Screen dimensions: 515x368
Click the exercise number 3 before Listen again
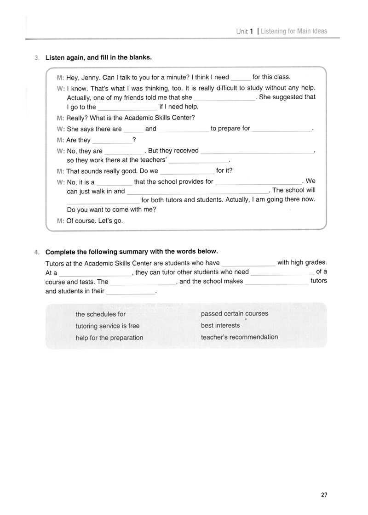click(x=36, y=58)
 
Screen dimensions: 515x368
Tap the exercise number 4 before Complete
click(x=36, y=252)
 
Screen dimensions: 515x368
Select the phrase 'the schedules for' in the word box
click(x=100, y=315)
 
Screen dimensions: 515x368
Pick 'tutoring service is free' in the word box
click(x=107, y=326)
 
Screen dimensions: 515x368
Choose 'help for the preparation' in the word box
click(x=109, y=338)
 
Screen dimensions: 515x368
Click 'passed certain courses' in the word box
click(x=234, y=314)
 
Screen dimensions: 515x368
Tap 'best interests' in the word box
click(x=220, y=325)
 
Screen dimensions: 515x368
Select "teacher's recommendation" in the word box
click(x=239, y=337)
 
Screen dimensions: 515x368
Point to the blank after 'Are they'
click(x=112, y=141)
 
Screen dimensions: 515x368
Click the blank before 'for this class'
click(x=241, y=78)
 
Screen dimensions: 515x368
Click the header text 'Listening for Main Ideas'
click(x=294, y=31)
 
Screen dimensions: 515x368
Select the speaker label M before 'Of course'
click(x=60, y=221)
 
